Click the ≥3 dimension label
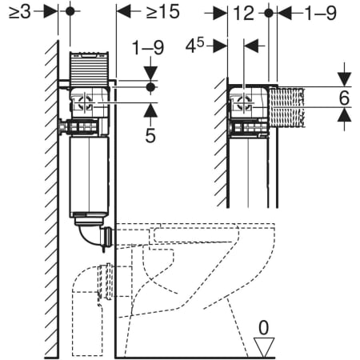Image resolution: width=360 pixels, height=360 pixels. (x=19, y=12)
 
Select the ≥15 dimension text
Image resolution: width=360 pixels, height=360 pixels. (x=163, y=12)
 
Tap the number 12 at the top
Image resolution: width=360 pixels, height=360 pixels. (x=244, y=14)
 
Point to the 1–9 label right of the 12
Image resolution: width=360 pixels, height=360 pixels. (x=321, y=14)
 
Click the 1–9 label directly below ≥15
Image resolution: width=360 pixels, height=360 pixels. (x=148, y=48)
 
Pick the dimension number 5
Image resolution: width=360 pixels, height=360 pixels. (x=150, y=136)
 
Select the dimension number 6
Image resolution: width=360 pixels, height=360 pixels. (x=344, y=98)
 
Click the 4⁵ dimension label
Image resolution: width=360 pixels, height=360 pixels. (x=194, y=46)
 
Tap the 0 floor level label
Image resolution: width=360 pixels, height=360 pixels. (x=264, y=328)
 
